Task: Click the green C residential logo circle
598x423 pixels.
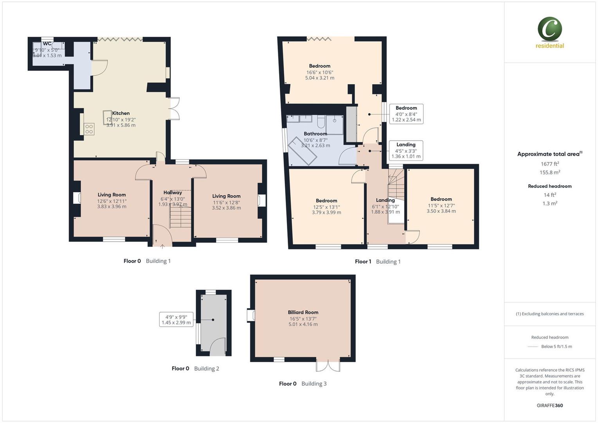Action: coord(549,29)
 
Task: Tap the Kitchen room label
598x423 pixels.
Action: coord(121,113)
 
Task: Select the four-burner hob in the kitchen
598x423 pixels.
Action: coord(89,129)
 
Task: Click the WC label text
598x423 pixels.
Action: coord(47,43)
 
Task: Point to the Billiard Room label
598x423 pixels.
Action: coord(303,312)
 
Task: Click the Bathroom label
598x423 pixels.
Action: coord(315,134)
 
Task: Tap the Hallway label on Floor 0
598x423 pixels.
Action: coord(173,192)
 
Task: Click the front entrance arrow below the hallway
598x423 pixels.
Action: coord(162,246)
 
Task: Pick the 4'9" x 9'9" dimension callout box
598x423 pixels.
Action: coord(176,320)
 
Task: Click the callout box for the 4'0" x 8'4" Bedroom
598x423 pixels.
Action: coord(406,114)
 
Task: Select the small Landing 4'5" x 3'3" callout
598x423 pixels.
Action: coord(406,150)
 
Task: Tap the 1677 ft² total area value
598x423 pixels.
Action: coord(549,164)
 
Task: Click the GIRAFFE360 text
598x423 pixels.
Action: coord(549,405)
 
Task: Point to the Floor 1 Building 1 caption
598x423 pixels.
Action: coord(377,262)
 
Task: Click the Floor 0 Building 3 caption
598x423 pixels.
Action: coord(303,384)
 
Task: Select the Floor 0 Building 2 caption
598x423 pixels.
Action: coord(195,369)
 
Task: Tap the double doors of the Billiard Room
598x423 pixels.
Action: coord(328,366)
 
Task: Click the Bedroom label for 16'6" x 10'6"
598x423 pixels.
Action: coord(319,66)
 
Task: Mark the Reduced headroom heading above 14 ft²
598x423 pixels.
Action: coord(549,186)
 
